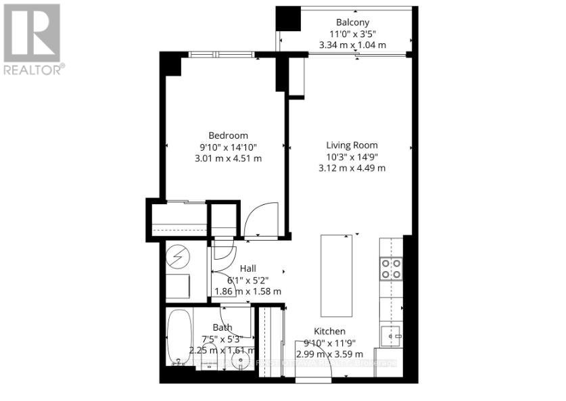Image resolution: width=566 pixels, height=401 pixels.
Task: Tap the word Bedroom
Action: [228, 135]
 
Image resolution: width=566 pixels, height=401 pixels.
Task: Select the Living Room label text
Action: [352, 145]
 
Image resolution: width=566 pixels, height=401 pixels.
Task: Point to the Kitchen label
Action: [329, 331]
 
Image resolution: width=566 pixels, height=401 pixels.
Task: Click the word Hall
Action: [247, 268]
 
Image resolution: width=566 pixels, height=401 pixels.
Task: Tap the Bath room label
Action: [222, 327]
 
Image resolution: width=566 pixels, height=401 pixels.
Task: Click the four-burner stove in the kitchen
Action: [392, 268]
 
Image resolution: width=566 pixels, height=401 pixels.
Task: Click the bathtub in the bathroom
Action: [179, 335]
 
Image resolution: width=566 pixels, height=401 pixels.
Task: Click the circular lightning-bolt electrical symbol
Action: [179, 257]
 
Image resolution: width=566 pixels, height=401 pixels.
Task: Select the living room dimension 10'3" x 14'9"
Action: [352, 156]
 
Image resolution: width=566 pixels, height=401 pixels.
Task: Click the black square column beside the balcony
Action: [287, 18]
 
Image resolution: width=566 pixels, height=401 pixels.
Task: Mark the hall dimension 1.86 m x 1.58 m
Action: [247, 291]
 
